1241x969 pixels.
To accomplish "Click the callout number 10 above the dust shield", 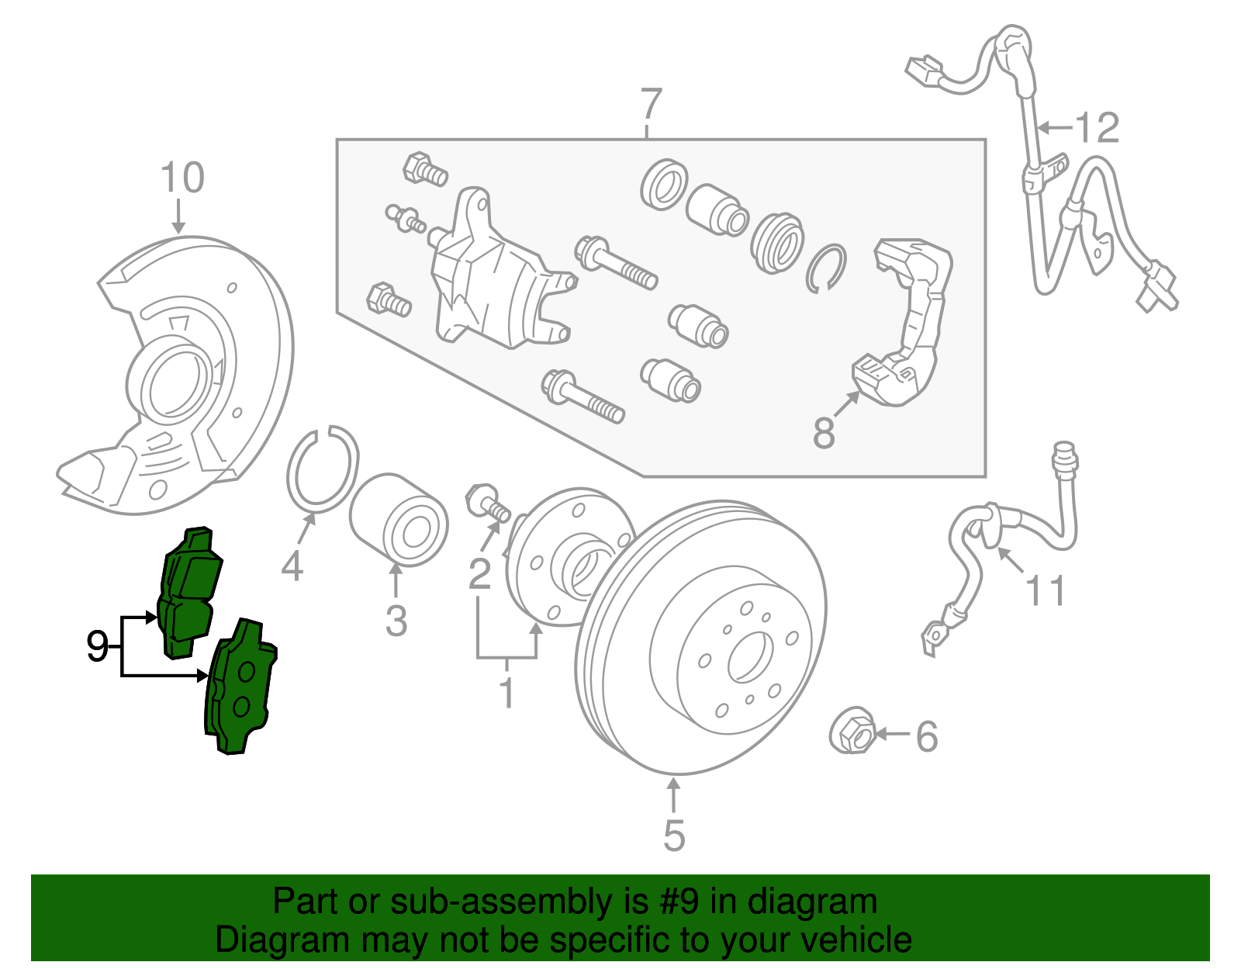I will pyautogui.click(x=182, y=178).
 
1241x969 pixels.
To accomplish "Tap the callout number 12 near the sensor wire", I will pyautogui.click(x=1097, y=128).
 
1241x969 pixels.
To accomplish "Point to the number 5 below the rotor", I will pyautogui.click(x=674, y=836).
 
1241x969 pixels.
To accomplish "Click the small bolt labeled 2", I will pyautogui.click(x=486, y=502).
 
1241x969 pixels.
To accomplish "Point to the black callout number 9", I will pyautogui.click(x=97, y=646).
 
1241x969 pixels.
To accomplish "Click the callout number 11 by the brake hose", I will pyautogui.click(x=1046, y=591).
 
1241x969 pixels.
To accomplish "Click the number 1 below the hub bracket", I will pyautogui.click(x=506, y=693).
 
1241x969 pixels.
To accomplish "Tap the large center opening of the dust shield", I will pyautogui.click(x=176, y=384).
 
